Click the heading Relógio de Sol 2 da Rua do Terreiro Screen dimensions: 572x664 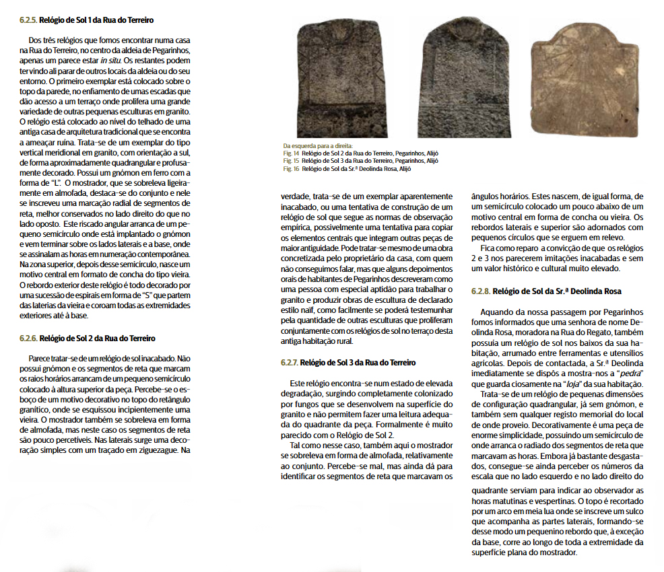pyautogui.click(x=98, y=338)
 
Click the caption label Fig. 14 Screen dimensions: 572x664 pyautogui.click(x=291, y=153)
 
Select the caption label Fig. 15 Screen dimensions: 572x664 pyautogui.click(x=291, y=161)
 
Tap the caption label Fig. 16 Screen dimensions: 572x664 pyautogui.click(x=291, y=168)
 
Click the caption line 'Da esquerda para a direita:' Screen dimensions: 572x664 pyautogui.click(x=313, y=145)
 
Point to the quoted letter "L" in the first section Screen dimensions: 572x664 pyautogui.click(x=57, y=182)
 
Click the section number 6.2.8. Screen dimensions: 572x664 pyautogui.click(x=482, y=291)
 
